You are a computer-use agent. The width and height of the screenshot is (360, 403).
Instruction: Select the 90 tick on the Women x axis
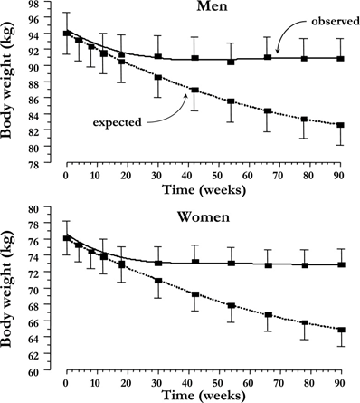pos(338,381)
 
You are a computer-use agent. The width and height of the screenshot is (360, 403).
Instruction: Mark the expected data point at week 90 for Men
pos(338,125)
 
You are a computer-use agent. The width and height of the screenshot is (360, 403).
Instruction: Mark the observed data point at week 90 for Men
pos(338,59)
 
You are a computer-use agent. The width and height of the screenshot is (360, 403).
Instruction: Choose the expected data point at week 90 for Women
pos(338,331)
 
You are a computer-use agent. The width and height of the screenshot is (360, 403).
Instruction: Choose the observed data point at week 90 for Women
pos(338,264)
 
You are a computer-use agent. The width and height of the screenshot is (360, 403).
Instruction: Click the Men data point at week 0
pos(66,34)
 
